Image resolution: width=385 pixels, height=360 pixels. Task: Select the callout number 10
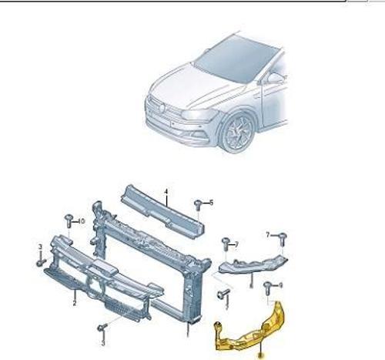click(79, 220)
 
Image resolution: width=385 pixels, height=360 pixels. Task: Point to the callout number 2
click(74, 303)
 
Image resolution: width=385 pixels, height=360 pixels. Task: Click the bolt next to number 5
click(199, 204)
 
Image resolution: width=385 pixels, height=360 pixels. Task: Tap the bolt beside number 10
click(69, 219)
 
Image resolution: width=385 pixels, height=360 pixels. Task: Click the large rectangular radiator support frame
click(150, 262)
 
